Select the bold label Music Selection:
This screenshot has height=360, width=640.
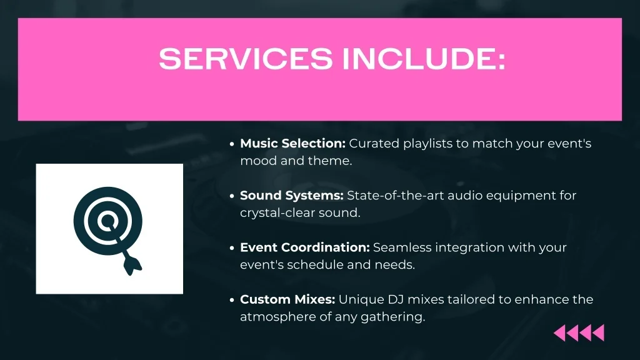pos(292,144)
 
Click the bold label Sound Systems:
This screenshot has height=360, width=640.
pos(291,196)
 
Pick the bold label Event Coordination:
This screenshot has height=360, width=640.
pos(305,247)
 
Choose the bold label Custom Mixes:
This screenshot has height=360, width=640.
pos(287,299)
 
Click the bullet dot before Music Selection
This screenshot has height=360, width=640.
pos(232,144)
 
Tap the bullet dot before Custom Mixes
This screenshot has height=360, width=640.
pos(232,300)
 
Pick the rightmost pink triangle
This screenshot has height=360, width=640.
pos(598,333)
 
